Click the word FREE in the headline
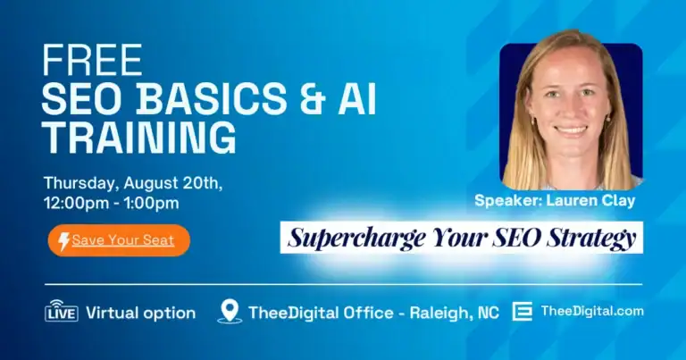[92, 61]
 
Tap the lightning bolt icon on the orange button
[63, 240]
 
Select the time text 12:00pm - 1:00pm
[111, 203]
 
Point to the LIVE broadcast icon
[62, 312]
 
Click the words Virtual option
[140, 313]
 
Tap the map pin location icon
[230, 311]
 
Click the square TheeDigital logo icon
[523, 311]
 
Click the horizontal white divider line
[343, 284]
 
